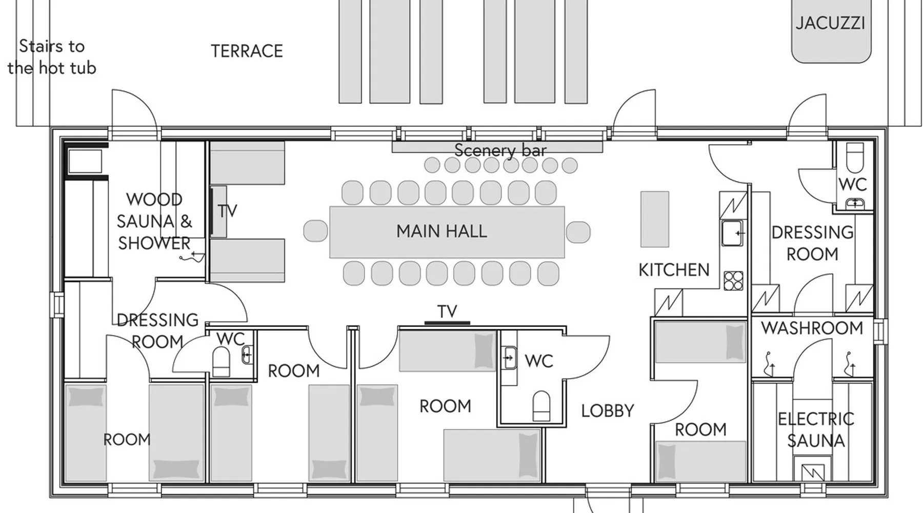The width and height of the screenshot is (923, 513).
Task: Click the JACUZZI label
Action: pyautogui.click(x=830, y=23)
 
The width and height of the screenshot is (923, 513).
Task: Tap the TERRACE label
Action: pyautogui.click(x=247, y=51)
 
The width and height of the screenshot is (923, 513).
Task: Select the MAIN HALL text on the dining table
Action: pyautogui.click(x=442, y=231)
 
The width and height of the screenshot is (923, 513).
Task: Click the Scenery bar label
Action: pyautogui.click(x=500, y=150)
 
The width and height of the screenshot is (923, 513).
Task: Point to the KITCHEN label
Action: pyautogui.click(x=674, y=270)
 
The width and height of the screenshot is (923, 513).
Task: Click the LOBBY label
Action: pyautogui.click(x=608, y=410)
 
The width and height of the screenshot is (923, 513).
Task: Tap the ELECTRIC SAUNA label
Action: pyautogui.click(x=816, y=430)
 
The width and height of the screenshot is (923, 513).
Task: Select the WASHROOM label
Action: pyautogui.click(x=812, y=328)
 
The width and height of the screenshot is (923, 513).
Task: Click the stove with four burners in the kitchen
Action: pyautogui.click(x=733, y=281)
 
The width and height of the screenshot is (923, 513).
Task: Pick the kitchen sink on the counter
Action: pyautogui.click(x=732, y=233)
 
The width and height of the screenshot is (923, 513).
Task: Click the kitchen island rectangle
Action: pyautogui.click(x=654, y=219)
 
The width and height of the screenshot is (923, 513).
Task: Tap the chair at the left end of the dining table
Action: pyautogui.click(x=315, y=231)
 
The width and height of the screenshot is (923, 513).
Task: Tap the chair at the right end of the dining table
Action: pyautogui.click(x=578, y=231)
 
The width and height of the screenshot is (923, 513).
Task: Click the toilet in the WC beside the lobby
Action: pyautogui.click(x=541, y=406)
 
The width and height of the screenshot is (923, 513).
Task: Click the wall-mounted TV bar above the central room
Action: pyautogui.click(x=447, y=323)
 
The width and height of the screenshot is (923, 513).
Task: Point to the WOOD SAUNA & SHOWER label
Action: pyautogui.click(x=154, y=221)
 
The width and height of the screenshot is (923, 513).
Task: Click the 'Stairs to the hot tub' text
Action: pyautogui.click(x=51, y=57)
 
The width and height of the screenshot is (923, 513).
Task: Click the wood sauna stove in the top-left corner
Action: pyautogui.click(x=85, y=161)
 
